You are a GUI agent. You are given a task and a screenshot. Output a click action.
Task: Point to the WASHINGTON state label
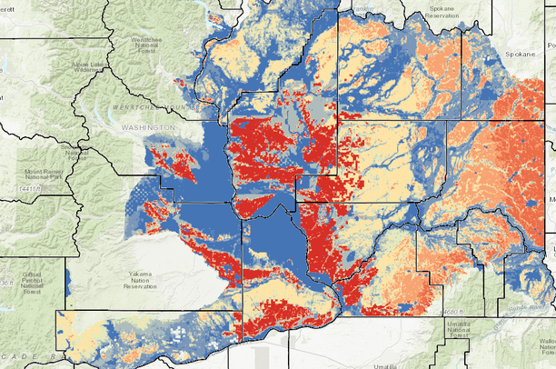coord(148,129)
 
